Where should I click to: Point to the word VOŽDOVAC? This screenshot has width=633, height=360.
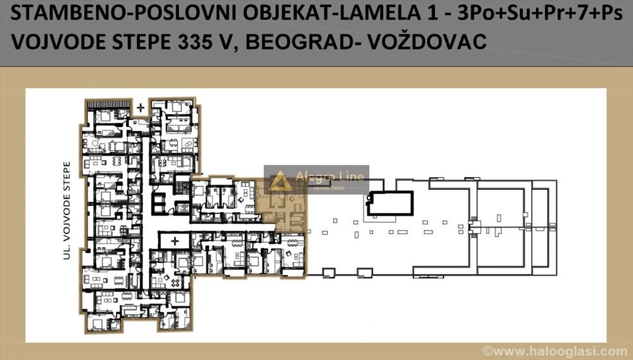(427, 42)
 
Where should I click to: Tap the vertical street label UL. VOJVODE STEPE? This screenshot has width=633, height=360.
(66, 210)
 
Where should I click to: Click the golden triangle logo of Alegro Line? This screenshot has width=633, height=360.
(279, 181)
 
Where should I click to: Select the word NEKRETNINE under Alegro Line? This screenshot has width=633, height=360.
(329, 188)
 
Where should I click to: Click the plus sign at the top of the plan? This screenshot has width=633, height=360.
(140, 108)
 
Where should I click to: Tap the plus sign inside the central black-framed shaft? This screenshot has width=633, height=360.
(175, 241)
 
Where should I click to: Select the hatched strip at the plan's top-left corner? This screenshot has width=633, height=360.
(109, 104)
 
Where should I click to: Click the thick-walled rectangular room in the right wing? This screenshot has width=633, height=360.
(390, 203)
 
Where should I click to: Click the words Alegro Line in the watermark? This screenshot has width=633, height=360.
(329, 177)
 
